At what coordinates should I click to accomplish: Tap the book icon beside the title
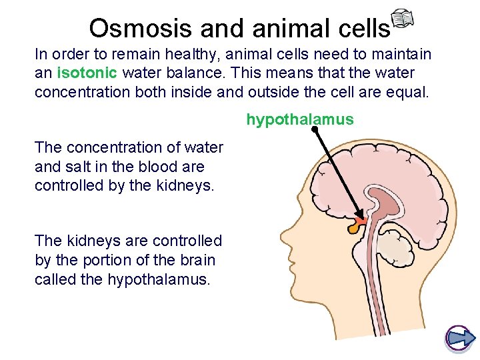coord(402,21)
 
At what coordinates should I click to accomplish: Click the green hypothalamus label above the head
coord(300,120)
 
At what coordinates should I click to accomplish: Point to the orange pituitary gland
coord(354,228)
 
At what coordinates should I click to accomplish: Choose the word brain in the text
coord(197,260)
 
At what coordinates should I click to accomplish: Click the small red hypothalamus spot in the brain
coord(361,220)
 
